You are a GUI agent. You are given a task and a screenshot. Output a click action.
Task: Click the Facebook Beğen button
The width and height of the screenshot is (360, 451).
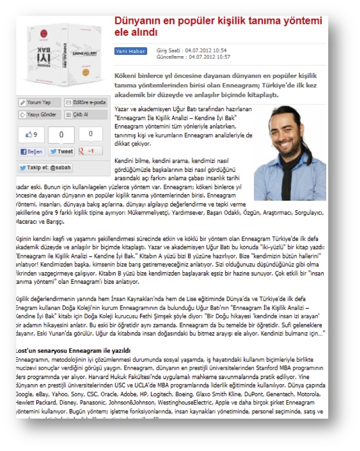click(31, 151)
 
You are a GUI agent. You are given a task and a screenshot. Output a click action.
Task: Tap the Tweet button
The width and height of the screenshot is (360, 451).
click(61, 151)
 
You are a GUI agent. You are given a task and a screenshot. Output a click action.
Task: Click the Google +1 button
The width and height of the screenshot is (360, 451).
click(89, 151)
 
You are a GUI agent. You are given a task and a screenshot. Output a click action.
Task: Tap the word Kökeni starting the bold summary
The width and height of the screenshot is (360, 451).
click(127, 76)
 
